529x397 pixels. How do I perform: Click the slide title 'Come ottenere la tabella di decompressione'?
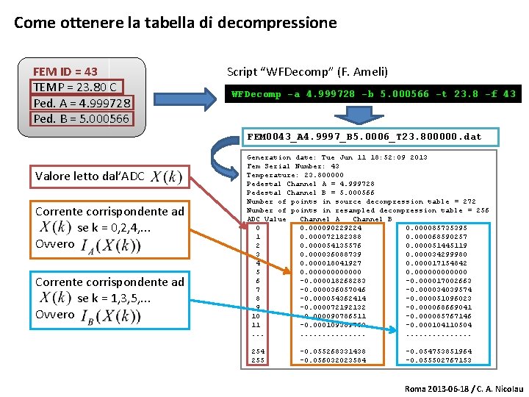(x=175, y=23)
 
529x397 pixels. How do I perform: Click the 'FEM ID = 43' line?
(x=65, y=71)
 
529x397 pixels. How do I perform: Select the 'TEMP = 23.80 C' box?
(x=76, y=87)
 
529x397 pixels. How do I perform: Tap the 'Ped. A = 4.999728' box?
(x=82, y=103)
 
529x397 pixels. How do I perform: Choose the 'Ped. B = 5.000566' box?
(x=81, y=118)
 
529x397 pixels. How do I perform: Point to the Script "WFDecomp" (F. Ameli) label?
(x=307, y=71)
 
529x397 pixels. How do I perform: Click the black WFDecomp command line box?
(x=373, y=94)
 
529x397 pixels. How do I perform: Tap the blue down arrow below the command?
(x=358, y=118)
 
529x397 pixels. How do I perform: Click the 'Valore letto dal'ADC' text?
(x=90, y=176)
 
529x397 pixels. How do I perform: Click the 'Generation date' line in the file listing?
(x=337, y=157)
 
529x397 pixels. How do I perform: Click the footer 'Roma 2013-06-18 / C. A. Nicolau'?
(x=464, y=387)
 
